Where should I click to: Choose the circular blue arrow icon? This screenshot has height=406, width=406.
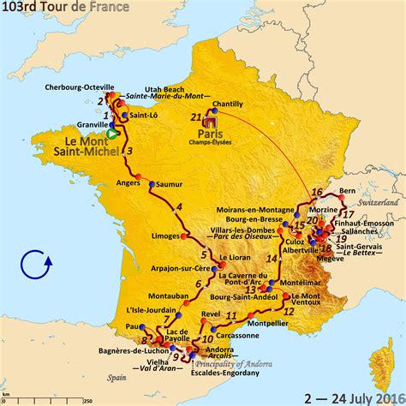tap(38, 266)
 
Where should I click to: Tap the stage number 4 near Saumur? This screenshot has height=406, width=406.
tap(179, 207)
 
